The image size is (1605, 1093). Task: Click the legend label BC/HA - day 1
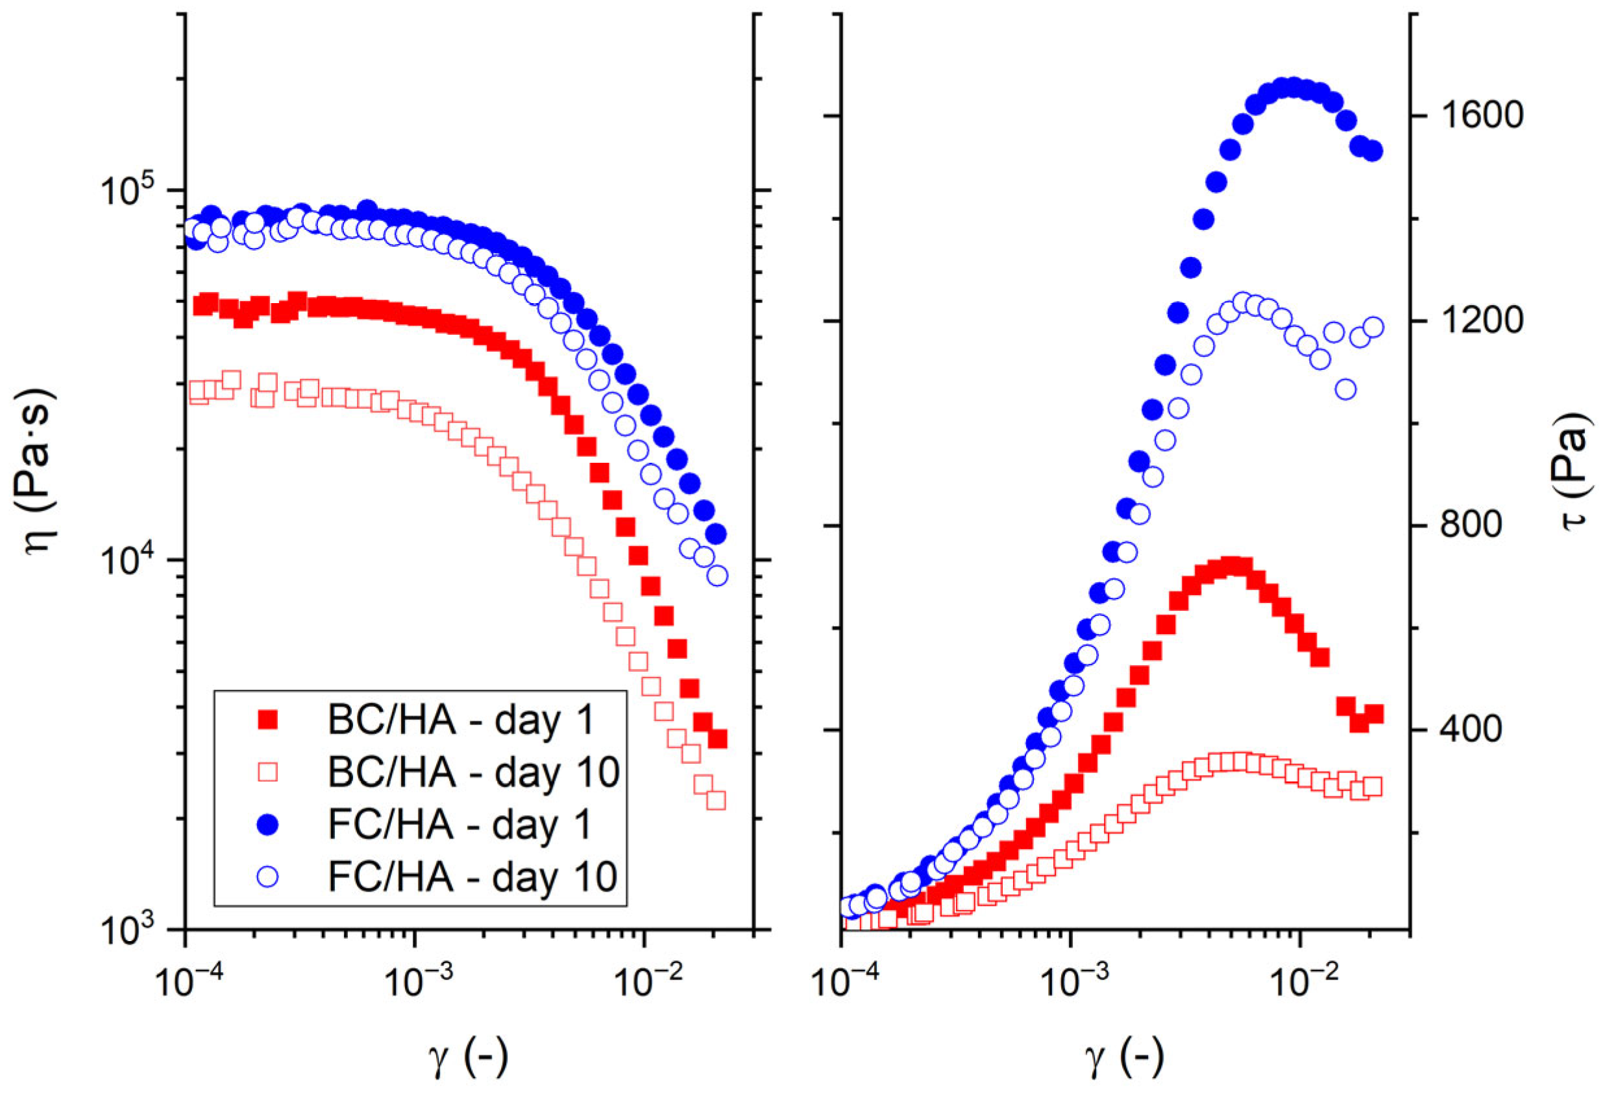coord(461,721)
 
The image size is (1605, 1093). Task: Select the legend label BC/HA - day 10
coord(473,772)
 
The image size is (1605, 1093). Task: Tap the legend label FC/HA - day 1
coord(460,824)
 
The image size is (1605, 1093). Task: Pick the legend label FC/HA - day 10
coord(472,877)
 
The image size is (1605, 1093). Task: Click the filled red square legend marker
coord(267,721)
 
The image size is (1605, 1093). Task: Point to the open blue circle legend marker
coord(267,877)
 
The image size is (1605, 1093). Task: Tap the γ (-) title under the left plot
coord(468,1056)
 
